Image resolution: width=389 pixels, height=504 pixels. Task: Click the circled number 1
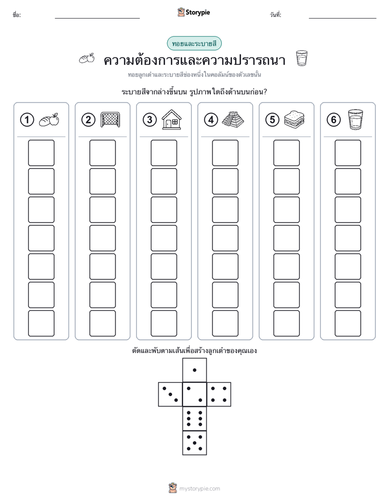27,120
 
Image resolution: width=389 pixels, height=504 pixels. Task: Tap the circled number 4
211,120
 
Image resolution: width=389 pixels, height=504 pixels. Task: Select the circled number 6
333,120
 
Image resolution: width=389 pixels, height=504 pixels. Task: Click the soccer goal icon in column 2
110,119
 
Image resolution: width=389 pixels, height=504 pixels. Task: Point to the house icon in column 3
172,119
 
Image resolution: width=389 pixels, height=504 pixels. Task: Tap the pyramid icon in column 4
233,119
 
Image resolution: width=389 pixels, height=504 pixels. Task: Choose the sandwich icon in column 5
294,119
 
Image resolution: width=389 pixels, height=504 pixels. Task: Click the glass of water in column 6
355,119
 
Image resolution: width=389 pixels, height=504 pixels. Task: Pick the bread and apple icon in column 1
49,119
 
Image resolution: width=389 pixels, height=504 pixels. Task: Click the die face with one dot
194,370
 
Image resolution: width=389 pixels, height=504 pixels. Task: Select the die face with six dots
194,418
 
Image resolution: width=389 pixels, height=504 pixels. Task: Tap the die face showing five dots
194,443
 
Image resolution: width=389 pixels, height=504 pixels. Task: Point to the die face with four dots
219,394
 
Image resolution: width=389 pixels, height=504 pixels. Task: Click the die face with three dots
170,394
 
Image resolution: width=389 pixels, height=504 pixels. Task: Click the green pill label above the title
194,44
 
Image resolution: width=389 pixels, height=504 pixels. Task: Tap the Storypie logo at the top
193,12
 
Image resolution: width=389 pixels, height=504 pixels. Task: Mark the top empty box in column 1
41,153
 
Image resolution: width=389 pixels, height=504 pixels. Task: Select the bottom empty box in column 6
348,323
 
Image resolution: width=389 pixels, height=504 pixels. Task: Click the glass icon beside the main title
302,58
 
